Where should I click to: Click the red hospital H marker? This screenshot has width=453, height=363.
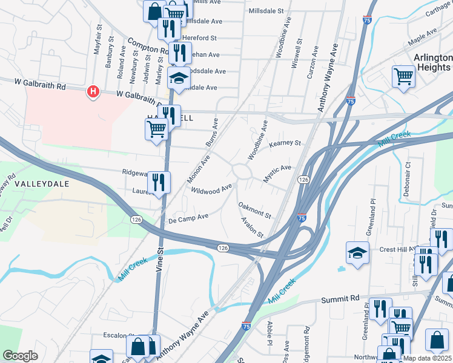pyautogui.click(x=93, y=92)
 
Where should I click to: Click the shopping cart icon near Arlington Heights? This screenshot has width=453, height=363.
pyautogui.click(x=403, y=77)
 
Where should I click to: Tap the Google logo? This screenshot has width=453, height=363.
pyautogui.click(x=20, y=355)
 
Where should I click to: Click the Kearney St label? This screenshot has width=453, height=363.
pyautogui.click(x=285, y=143)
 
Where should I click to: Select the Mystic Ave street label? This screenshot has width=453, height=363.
pyautogui.click(x=277, y=174)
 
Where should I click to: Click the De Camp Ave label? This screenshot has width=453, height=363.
pyautogui.click(x=188, y=217)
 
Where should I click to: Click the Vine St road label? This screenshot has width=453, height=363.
pyautogui.click(x=160, y=258)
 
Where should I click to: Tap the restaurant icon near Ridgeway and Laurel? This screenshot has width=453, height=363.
pyautogui.click(x=159, y=183)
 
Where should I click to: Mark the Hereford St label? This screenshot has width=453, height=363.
pyautogui.click(x=199, y=38)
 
